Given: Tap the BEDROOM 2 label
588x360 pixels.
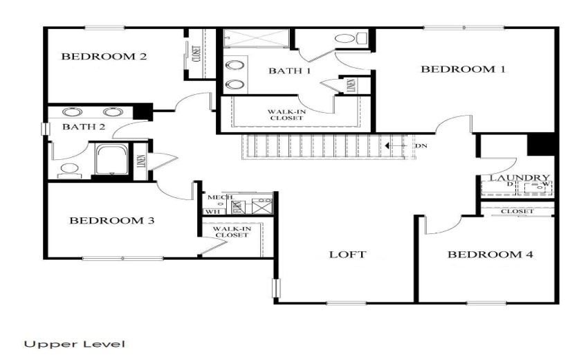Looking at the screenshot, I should [104, 57].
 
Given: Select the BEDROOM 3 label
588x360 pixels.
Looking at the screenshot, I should [111, 221].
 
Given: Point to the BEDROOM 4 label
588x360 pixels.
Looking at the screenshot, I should [490, 255].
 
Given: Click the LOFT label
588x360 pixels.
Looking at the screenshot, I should [347, 255].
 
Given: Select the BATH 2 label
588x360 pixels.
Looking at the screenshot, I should [83, 127].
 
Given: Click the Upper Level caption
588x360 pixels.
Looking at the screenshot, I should [74, 343].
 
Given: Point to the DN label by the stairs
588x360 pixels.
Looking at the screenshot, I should [422, 146].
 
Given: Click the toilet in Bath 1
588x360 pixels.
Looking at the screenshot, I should [344, 38].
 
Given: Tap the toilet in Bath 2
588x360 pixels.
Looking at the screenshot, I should [68, 168].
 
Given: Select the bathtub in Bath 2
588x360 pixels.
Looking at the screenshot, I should [111, 160].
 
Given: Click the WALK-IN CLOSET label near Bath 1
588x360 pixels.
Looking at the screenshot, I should [286, 115].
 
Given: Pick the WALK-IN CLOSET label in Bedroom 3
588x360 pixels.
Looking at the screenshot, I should [231, 232].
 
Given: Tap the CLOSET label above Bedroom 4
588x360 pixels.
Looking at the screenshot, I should [517, 211].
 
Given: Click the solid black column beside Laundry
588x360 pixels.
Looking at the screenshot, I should [542, 143].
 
